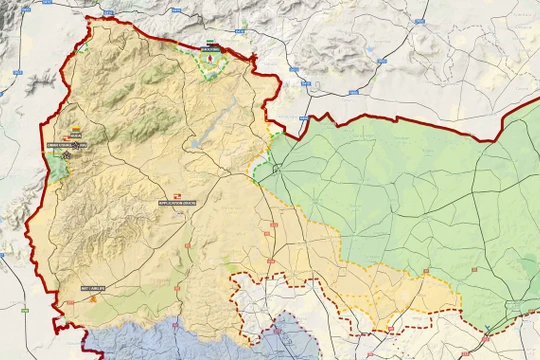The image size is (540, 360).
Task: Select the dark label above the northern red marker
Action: pos(210,47)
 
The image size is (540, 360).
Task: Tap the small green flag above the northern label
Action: pos(209,40)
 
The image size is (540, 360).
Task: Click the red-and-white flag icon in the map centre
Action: pos(177,194)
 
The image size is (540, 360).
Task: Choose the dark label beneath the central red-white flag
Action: pos(177,203)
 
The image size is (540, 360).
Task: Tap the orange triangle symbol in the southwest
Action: pos(93,297)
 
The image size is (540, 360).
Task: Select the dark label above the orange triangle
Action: pos(92,288)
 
